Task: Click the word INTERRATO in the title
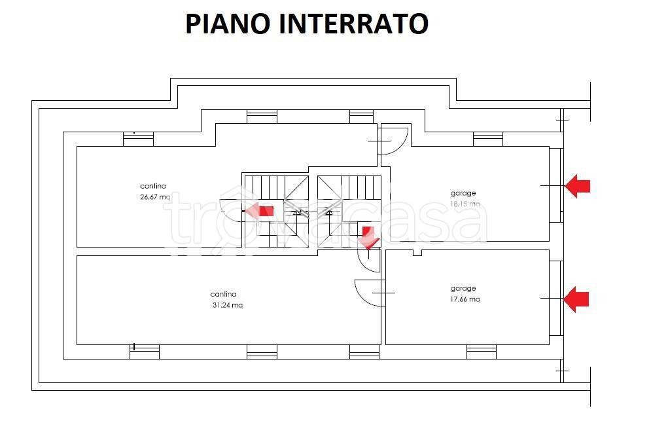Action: pyautogui.click(x=354, y=24)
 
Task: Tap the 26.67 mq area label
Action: pyautogui.click(x=155, y=196)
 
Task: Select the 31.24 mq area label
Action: pyautogui.click(x=227, y=305)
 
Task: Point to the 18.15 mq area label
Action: pyautogui.click(x=465, y=204)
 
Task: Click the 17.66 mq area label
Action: pyautogui.click(x=465, y=299)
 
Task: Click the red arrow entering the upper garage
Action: pyautogui.click(x=577, y=186)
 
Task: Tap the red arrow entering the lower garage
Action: pyautogui.click(x=576, y=300)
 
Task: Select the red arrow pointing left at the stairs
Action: pyautogui.click(x=260, y=211)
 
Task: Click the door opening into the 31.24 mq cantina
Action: pyautogui.click(x=368, y=292)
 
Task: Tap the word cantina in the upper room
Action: pyautogui.click(x=153, y=186)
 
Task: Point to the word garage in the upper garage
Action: pyautogui.click(x=463, y=193)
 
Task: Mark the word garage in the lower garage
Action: pyautogui.click(x=463, y=288)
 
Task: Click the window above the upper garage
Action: pyautogui.click(x=487, y=139)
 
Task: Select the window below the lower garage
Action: pyautogui.click(x=481, y=352)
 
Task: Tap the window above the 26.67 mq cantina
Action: pyautogui.click(x=139, y=139)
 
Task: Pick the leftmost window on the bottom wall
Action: pyautogui.click(x=145, y=352)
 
